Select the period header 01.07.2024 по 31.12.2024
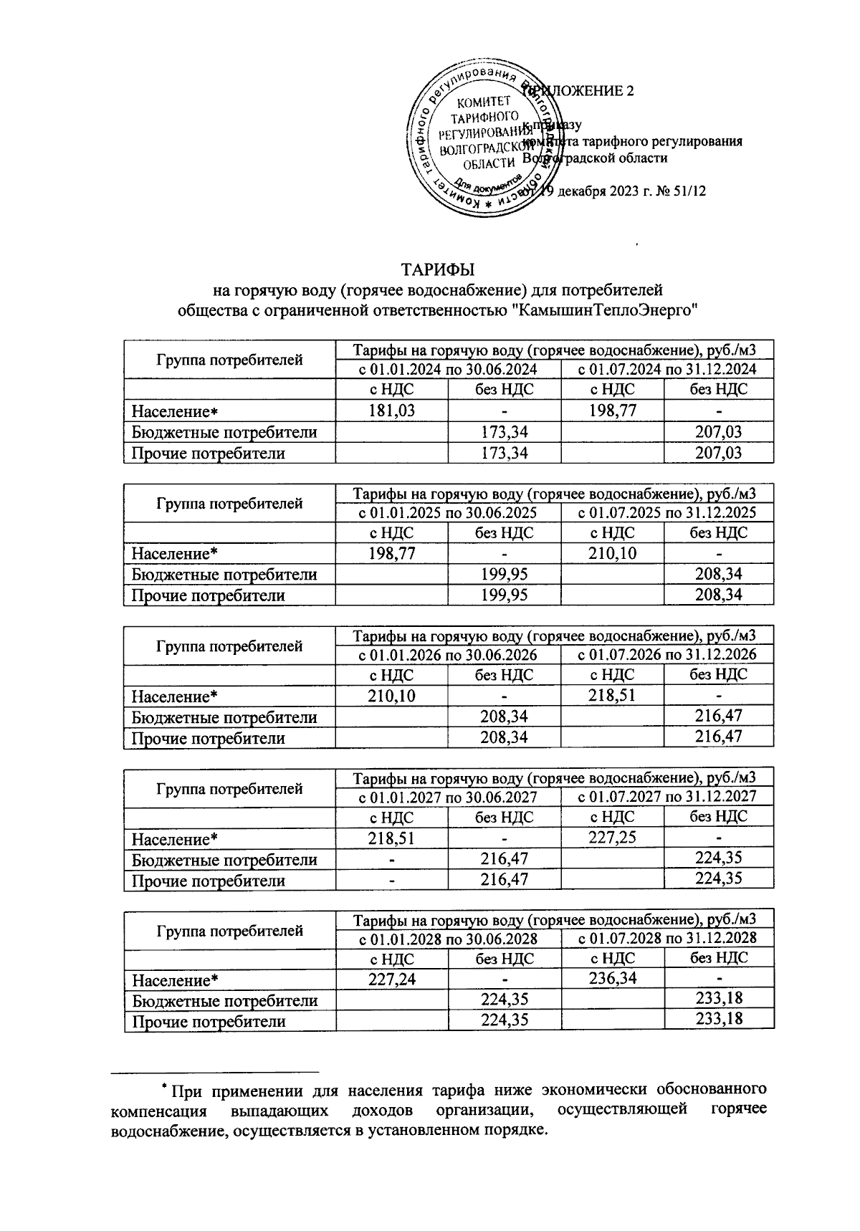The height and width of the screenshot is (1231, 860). tap(667, 369)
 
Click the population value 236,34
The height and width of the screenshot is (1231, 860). tap(612, 978)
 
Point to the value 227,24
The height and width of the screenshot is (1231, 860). tap(391, 979)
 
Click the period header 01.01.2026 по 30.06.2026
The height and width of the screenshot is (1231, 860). tap(448, 654)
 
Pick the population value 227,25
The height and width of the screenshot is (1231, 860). tap(612, 837)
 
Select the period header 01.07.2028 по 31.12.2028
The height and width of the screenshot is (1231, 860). tap(667, 938)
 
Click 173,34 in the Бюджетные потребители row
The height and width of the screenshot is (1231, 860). tap(504, 431)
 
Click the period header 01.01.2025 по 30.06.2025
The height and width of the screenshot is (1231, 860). tap(448, 512)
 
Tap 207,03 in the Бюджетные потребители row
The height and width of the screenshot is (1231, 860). tap(719, 431)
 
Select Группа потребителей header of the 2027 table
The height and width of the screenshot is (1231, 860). tap(229, 789)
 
